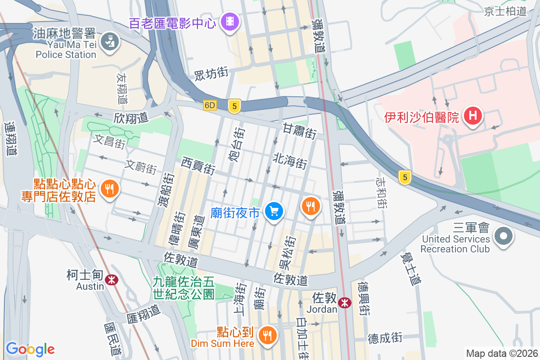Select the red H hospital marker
point(472,115)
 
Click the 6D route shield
point(210,105)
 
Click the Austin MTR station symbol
point(111,280)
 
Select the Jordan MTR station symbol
point(345,303)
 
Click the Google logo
point(30,349)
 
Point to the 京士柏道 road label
point(505,11)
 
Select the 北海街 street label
point(290,161)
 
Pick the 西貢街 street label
point(198,165)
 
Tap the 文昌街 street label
point(109,142)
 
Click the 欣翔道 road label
point(131,118)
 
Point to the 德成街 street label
point(385,337)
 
